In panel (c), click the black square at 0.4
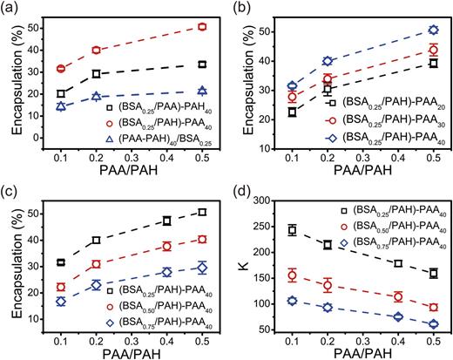pos(166,221)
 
